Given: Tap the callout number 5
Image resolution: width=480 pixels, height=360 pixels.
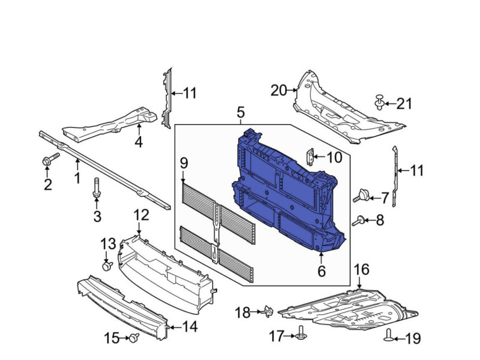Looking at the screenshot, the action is [241, 112].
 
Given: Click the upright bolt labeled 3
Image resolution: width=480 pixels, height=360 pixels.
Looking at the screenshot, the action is [97, 187].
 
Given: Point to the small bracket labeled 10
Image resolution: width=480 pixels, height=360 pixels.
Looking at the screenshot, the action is [311, 157].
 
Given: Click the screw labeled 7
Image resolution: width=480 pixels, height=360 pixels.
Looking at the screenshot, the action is [362, 196].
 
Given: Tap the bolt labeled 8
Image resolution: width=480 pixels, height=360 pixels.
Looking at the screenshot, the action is [358, 221].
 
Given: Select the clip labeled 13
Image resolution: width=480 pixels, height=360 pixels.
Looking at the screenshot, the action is [107, 265].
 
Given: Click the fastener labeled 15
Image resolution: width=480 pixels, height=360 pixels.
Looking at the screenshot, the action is [134, 338].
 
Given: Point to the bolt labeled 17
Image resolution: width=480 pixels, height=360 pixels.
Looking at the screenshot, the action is [301, 334].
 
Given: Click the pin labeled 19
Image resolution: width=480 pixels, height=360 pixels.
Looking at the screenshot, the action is [388, 335].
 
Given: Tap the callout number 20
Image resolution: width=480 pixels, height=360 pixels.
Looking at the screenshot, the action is [278, 91].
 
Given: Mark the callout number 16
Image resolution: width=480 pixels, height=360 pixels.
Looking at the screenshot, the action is [362, 269].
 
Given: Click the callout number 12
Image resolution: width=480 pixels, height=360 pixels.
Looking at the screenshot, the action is [141, 215].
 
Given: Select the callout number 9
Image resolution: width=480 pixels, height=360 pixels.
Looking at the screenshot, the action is [184, 163].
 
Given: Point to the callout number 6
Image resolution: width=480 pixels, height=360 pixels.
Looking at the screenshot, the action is [322, 271].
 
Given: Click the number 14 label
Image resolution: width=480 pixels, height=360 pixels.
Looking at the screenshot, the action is [190, 326].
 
